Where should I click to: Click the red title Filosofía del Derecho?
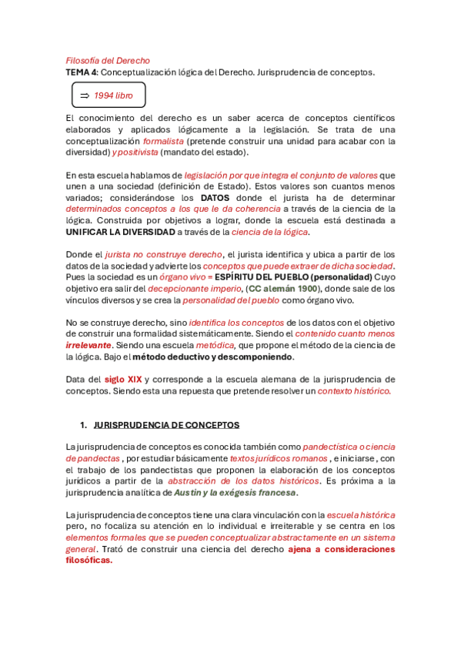(x=108, y=60)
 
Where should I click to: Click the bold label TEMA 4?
(x=82, y=72)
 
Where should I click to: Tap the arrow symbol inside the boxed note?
(x=84, y=95)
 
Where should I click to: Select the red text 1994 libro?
(x=113, y=95)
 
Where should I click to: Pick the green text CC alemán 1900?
(x=282, y=289)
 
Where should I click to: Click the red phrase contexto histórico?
(x=355, y=390)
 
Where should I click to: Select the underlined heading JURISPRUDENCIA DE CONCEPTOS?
(x=166, y=424)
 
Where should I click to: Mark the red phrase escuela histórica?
(x=361, y=514)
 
